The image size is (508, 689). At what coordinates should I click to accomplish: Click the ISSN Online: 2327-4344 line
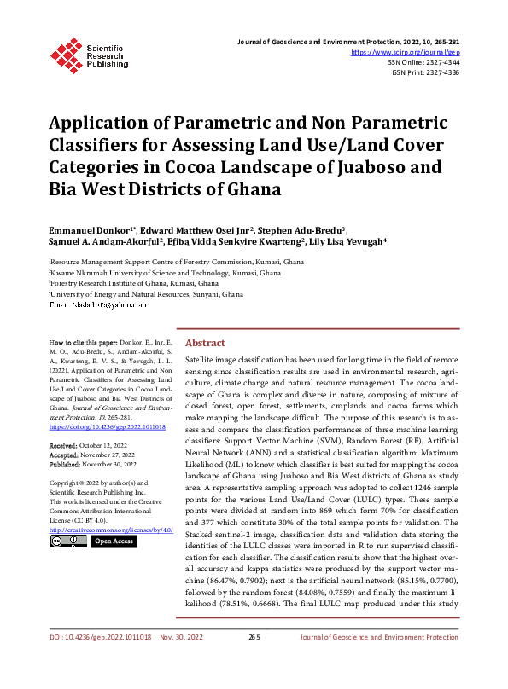coord(424,62)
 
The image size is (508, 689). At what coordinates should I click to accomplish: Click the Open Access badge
coord(113,541)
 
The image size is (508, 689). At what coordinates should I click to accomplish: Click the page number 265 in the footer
coord(254,661)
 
